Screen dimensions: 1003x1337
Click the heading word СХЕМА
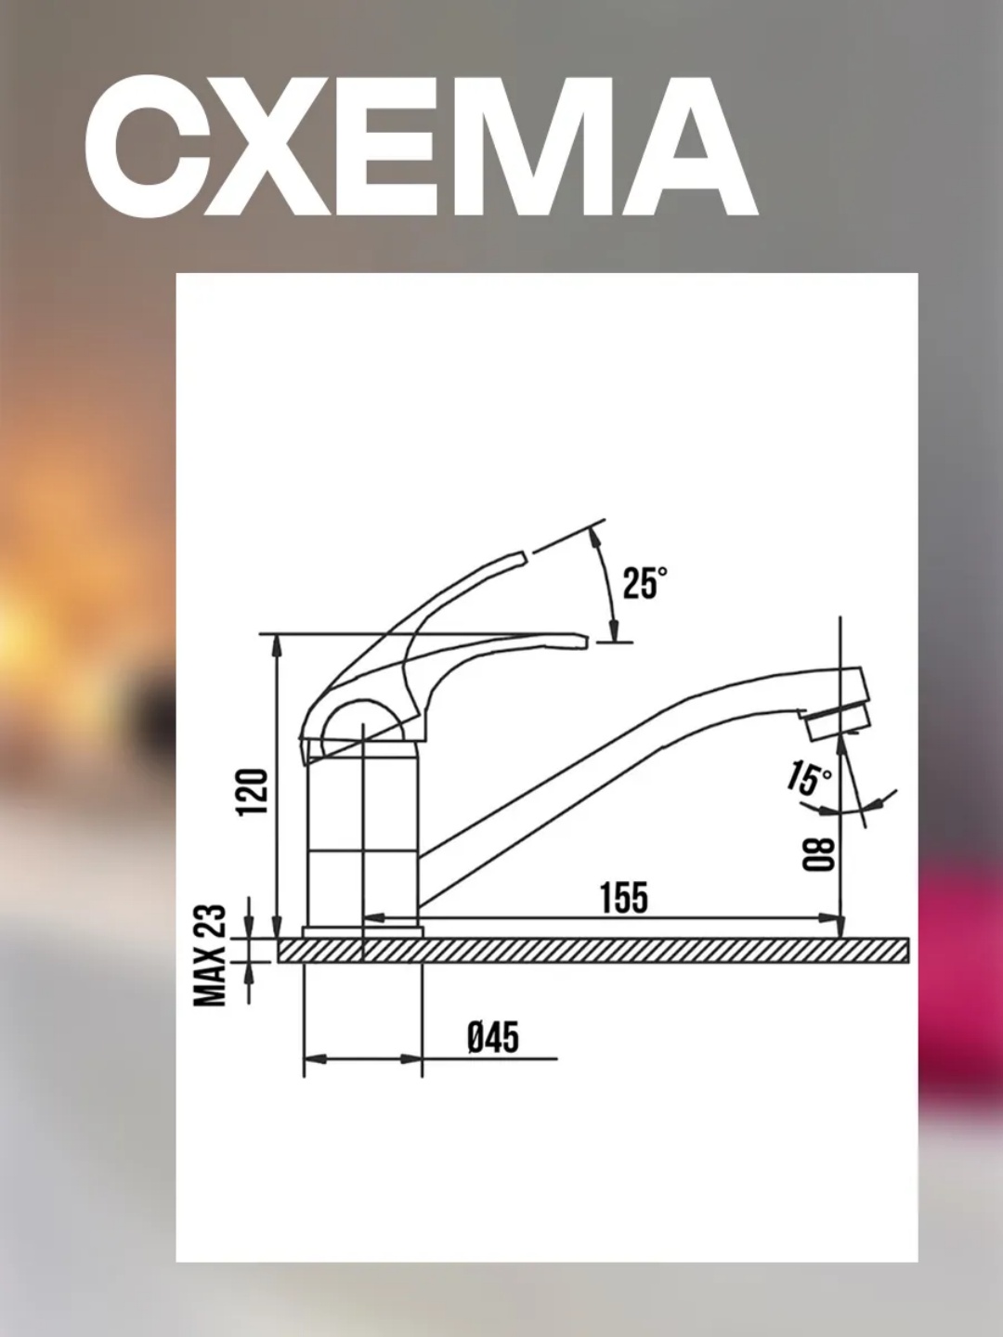pos(420,146)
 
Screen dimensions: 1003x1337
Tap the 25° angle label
pos(645,583)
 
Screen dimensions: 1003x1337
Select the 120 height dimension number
pos(253,792)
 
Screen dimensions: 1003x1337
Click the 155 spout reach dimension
pos(624,897)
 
